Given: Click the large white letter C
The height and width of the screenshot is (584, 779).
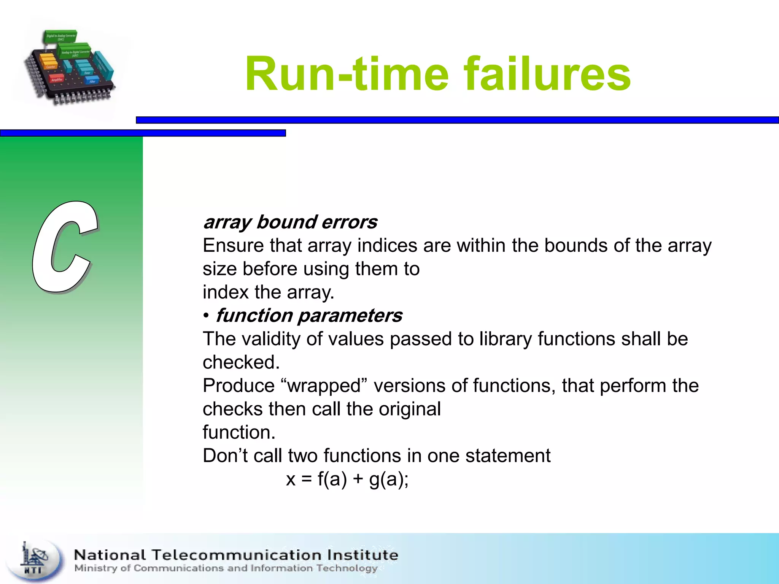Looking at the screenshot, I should [65, 247].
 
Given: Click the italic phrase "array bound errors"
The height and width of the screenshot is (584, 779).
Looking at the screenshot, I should [290, 222].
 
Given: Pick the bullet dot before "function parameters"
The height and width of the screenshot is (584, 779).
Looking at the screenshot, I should [206, 316].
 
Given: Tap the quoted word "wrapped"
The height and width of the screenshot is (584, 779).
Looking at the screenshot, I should [324, 386].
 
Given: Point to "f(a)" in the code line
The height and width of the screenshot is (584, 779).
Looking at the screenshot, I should [332, 479].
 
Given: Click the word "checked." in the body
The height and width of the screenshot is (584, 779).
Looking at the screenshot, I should [241, 362].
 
